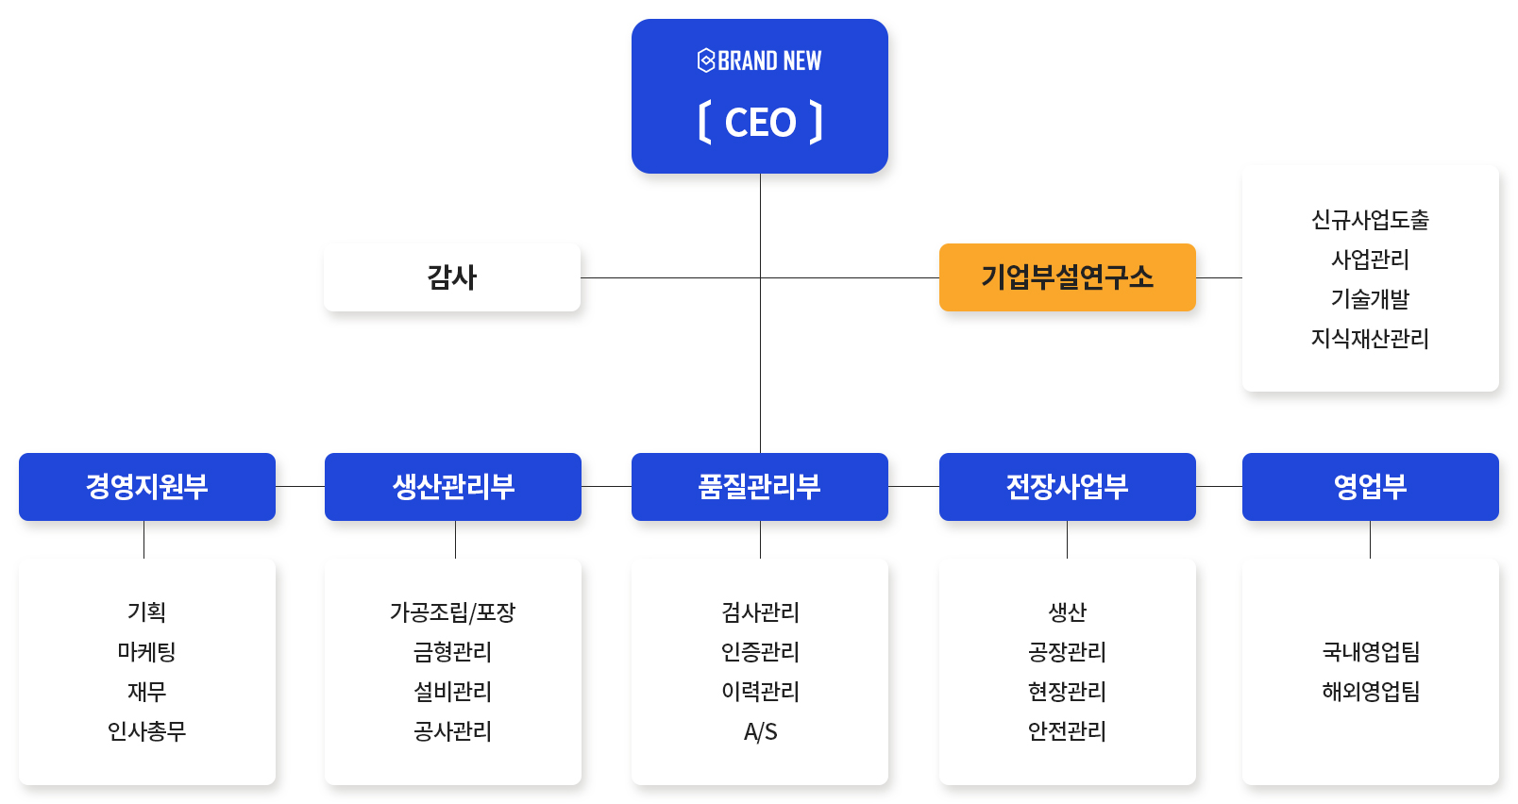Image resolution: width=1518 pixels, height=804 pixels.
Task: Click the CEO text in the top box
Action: pyautogui.click(x=760, y=123)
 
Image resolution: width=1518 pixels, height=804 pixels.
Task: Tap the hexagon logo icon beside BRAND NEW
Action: pyautogui.click(x=706, y=60)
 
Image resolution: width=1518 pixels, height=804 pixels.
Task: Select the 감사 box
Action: pyautogui.click(x=452, y=277)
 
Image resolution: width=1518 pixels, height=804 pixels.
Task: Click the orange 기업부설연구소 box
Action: pyautogui.click(x=1068, y=277)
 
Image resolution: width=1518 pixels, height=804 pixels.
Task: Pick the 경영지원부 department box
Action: pyautogui.click(x=147, y=486)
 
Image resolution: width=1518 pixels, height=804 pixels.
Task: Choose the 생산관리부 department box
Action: pyautogui.click(x=453, y=486)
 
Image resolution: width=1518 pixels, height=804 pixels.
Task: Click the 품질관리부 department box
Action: pyautogui.click(x=760, y=486)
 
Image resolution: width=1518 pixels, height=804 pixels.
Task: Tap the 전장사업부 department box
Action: pyautogui.click(x=1068, y=486)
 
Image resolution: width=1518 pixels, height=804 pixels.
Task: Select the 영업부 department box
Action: pyautogui.click(x=1371, y=486)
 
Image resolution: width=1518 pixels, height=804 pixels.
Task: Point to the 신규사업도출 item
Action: pyautogui.click(x=1371, y=220)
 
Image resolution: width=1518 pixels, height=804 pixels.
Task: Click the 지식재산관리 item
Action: pyautogui.click(x=1371, y=338)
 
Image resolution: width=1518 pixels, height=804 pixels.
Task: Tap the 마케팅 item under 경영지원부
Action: pyautogui.click(x=147, y=652)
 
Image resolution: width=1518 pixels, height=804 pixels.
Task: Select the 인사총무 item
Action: pyautogui.click(x=147, y=730)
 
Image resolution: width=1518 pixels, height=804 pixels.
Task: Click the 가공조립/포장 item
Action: pyautogui.click(x=453, y=612)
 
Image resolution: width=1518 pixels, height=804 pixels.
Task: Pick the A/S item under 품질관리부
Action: pyautogui.click(x=760, y=731)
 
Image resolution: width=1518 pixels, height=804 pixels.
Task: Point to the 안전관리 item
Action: pyautogui.click(x=1068, y=730)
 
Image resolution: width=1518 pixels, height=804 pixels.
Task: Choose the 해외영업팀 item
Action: pyautogui.click(x=1371, y=692)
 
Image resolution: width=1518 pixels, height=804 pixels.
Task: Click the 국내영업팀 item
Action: pyautogui.click(x=1371, y=652)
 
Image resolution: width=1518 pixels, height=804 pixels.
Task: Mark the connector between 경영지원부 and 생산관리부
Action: pyautogui.click(x=300, y=486)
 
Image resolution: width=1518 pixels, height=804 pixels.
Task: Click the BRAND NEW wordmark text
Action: pyautogui.click(x=769, y=60)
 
